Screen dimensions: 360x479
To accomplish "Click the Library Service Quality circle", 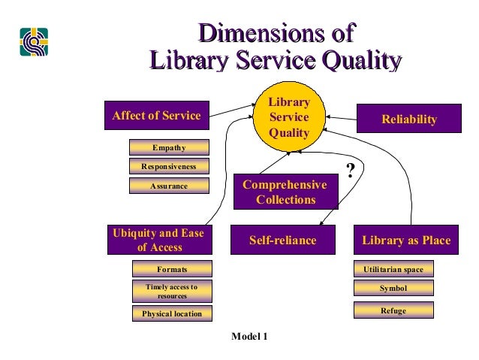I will coord(289,117).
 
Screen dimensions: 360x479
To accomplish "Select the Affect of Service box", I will coord(156,116).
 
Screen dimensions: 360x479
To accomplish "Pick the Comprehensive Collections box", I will coord(285,192).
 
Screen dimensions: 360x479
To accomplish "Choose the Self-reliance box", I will coord(282,241).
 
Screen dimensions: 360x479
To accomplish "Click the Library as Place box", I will coord(406,241).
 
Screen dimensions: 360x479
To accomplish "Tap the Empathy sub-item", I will coord(168,147).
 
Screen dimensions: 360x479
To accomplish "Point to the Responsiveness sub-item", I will coord(168,166).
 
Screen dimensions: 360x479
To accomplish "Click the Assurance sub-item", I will coord(168,185).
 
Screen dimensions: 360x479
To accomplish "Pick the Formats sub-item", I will coord(172,269).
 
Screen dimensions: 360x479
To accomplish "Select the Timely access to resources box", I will coord(172,292).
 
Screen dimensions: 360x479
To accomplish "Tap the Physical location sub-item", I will coord(172,313).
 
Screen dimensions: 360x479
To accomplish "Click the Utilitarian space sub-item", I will coord(393,269).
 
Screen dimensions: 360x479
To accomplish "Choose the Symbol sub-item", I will coord(393,289).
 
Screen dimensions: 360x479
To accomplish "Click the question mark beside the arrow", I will coord(349,168).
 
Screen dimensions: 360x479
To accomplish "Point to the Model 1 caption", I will coord(249,336).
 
